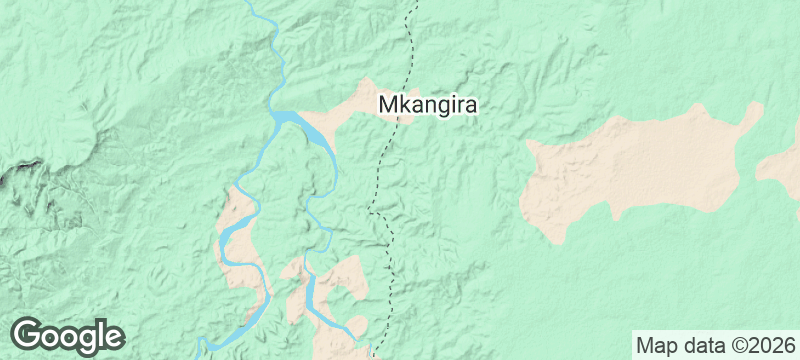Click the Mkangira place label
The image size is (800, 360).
pyautogui.click(x=428, y=104)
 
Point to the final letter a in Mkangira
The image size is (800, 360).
pyautogui.click(x=472, y=104)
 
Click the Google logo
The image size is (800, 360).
pyautogui.click(x=67, y=335)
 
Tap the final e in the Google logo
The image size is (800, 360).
pyautogui.click(x=113, y=337)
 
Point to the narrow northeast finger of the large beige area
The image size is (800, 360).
pyautogui.click(x=750, y=118)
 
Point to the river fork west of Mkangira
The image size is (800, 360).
pyautogui.click(x=274, y=114)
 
